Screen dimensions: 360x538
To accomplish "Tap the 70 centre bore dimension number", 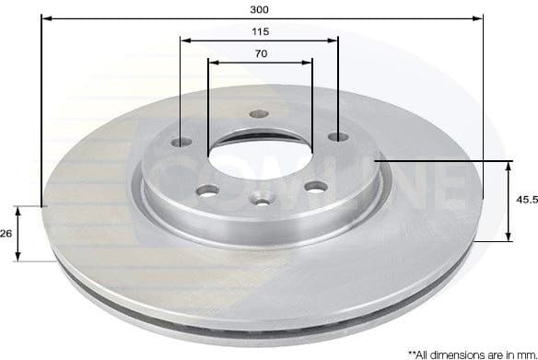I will [260, 54].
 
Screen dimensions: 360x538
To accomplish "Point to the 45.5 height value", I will [524, 200].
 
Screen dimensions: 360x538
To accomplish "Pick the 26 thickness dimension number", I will [6, 234].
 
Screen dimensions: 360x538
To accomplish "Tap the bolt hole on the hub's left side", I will [181, 143].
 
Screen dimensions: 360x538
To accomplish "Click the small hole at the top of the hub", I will [258, 115].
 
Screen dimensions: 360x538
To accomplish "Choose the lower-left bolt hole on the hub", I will [208, 191].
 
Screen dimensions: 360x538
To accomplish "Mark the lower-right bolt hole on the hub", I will [316, 187].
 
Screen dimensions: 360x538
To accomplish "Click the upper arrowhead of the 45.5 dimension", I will [509, 165].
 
